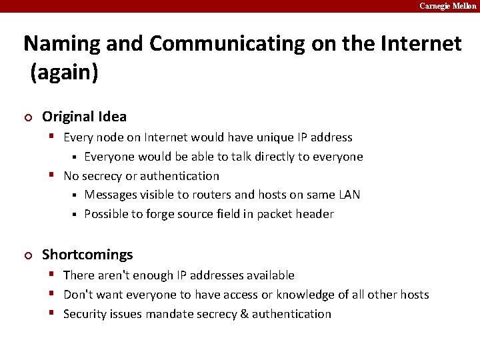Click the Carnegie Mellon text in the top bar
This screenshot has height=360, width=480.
pos(447,6)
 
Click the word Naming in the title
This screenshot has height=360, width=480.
pos(61,44)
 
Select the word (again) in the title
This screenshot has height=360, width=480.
pos(65,73)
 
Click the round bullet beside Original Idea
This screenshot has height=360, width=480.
pos(27,117)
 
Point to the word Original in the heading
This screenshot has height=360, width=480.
pos(67,117)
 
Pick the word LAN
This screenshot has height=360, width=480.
pos(348,195)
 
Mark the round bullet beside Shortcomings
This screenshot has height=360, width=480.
pos(27,255)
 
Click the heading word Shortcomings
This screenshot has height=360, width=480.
pos(87,255)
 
